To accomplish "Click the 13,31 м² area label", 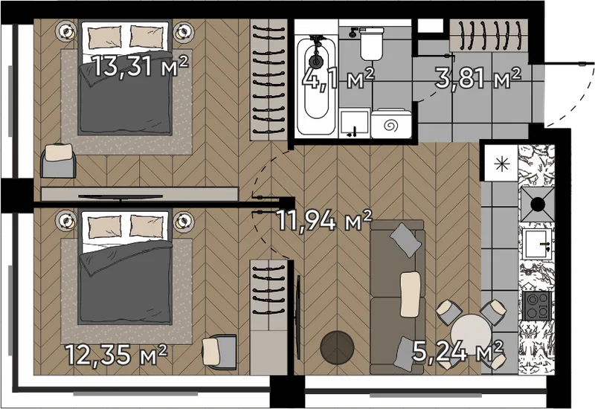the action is tap(141, 66).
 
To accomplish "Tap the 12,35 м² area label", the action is tap(116, 355).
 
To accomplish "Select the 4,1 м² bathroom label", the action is tap(338, 78).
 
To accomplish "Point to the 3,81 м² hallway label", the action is tap(477, 77).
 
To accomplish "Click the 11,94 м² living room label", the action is tap(324, 219).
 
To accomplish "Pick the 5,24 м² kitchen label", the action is tap(457, 351).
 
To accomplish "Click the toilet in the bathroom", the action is tap(371, 44).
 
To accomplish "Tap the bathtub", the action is tap(315, 86).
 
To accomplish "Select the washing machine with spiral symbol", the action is tap(391, 123).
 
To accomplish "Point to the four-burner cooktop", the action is tap(536, 306).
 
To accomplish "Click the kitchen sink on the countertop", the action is tap(537, 244).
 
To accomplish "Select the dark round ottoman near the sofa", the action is tap(337, 347).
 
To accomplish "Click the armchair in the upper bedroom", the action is tap(59, 161).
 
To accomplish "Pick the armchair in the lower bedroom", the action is tap(219, 351).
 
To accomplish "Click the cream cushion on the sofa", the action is tap(411, 294).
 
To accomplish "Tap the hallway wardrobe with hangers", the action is tap(489, 35).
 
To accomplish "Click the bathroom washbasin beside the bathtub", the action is tap(355, 123).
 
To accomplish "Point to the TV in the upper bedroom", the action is tap(120, 196).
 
